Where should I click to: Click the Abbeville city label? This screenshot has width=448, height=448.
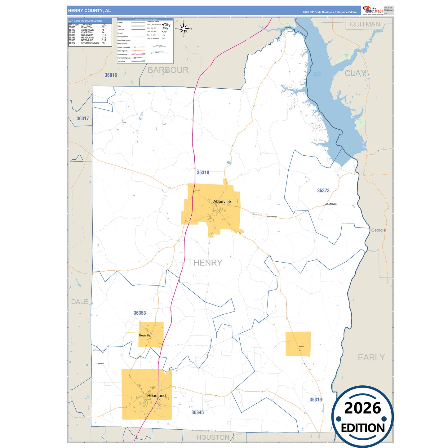[222, 202]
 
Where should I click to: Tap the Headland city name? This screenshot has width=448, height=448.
[157, 396]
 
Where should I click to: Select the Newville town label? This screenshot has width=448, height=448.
[144, 335]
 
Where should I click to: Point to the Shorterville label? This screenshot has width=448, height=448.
[331, 204]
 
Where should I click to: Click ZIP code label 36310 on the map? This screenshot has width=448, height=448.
[203, 173]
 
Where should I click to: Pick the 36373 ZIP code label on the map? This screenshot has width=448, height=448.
[323, 191]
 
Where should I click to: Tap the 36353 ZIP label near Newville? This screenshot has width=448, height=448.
[140, 313]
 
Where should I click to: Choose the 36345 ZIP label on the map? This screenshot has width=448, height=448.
[197, 412]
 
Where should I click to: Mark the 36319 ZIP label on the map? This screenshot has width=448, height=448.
[316, 400]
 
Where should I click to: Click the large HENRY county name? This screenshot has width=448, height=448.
[208, 263]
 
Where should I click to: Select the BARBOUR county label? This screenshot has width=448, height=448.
[168, 70]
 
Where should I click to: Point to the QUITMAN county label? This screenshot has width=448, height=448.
[365, 24]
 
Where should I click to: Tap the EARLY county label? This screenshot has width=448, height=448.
[371, 357]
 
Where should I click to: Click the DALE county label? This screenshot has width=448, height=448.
[80, 302]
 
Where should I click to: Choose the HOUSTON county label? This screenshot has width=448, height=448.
[213, 437]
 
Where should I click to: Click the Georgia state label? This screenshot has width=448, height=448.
[379, 230]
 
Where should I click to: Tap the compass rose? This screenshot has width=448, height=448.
[184, 29]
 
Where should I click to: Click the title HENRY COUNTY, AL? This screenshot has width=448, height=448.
[90, 11]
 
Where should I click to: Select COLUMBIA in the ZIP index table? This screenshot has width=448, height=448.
[87, 35]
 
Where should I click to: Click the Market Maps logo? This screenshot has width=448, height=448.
[373, 10]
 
